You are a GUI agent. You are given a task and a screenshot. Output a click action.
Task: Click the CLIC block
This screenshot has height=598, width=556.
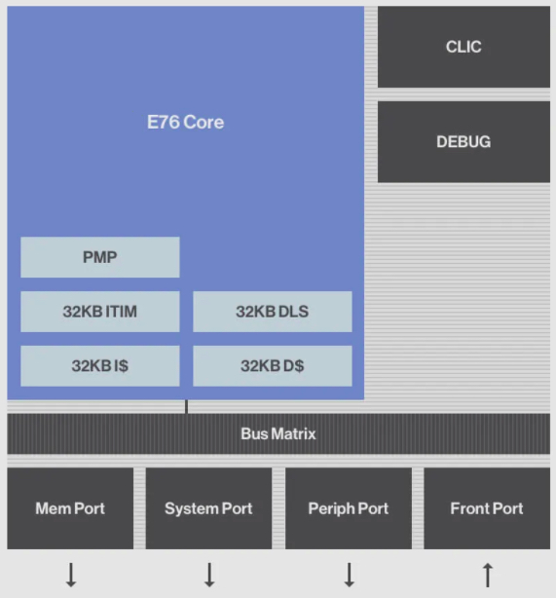463,47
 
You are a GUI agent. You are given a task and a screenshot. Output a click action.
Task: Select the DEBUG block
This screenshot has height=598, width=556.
463,142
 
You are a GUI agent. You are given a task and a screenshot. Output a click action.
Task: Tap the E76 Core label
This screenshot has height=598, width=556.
185,123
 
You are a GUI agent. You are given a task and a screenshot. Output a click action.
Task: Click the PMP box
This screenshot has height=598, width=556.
100,258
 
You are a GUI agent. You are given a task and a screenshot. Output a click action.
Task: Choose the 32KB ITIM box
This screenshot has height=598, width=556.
100,312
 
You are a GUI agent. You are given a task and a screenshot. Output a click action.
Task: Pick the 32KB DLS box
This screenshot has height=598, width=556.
273,312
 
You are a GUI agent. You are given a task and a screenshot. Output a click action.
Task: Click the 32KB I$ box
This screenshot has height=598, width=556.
100,366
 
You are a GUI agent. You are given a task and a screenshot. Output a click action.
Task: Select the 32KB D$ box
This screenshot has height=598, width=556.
273,366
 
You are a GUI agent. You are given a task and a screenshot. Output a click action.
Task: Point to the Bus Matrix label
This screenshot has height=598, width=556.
278,434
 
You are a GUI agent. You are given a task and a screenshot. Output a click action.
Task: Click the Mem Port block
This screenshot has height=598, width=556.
70,508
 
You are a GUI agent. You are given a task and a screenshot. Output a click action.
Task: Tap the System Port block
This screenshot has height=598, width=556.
208,508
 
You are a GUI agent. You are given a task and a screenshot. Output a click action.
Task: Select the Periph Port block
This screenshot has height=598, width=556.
349,508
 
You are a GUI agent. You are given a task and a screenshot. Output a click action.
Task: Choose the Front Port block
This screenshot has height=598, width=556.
487,508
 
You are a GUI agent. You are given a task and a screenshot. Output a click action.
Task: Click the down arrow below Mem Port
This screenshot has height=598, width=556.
71,575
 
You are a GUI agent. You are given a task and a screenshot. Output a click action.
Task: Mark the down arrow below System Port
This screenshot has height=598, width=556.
209,575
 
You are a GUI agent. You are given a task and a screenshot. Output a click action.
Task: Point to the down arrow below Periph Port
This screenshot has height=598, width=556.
350,575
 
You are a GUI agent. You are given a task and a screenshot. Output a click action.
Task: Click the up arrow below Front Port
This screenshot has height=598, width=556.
488,575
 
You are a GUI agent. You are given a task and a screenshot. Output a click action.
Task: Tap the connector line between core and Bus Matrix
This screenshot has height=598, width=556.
187,406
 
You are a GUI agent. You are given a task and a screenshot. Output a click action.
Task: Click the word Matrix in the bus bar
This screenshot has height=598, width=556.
293,434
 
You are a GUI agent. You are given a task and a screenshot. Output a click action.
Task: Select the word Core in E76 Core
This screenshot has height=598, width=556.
205,123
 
